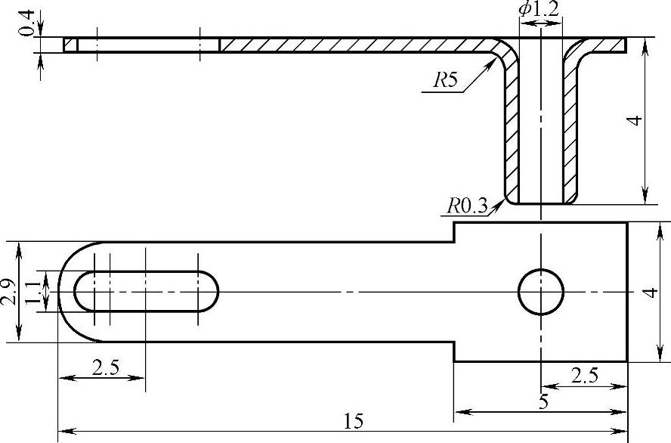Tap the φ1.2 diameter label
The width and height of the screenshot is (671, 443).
[539, 10]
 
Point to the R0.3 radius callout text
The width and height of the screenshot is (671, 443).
[466, 205]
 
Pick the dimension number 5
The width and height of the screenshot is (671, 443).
[542, 402]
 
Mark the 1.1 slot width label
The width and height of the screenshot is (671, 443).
[32, 290]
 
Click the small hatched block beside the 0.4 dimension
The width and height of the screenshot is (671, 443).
[70, 45]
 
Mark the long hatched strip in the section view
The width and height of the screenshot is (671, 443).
[355, 45]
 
